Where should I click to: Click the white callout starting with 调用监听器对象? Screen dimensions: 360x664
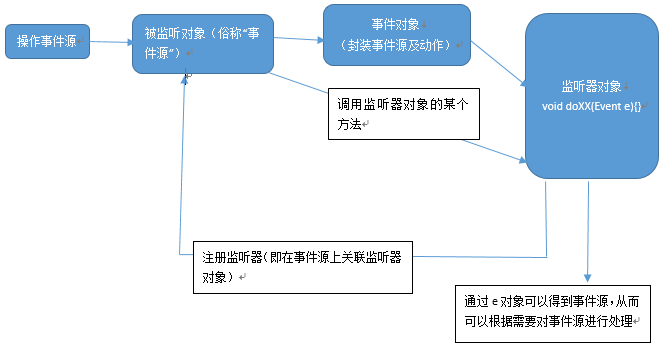pos(404,113)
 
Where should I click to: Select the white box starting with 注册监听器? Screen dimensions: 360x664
pos(301,266)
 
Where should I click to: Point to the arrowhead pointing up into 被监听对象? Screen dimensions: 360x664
pos(185,77)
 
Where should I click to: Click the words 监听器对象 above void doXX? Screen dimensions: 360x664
pos(591,87)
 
